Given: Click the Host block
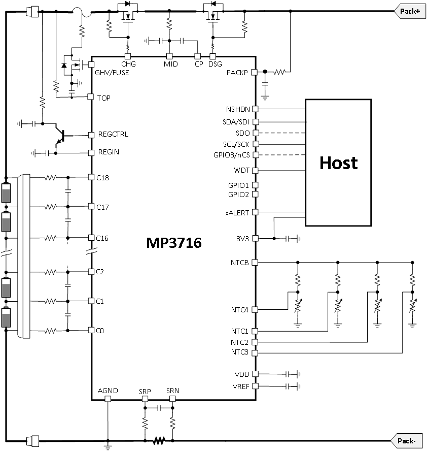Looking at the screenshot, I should coord(338,163).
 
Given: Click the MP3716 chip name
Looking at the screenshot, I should coord(173,243).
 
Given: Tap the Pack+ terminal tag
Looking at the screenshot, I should coord(409,11).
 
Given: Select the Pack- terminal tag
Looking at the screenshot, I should coord(407,440).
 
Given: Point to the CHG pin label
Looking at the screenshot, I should coord(128,64).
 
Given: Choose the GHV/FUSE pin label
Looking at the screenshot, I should coord(112,73).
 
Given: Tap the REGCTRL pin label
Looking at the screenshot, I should coord(113,134).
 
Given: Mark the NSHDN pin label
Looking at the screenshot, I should coord(237,109).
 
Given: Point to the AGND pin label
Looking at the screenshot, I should coord(108,391).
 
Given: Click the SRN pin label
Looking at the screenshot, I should coord(172,391).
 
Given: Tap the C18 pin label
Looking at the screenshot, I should coord(102,178).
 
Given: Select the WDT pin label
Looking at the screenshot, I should coord(241,170).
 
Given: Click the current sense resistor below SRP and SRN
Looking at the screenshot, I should coord(159,440).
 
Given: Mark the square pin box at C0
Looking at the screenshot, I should coord(91,330).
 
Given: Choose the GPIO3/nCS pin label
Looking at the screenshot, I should coord(233,154).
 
